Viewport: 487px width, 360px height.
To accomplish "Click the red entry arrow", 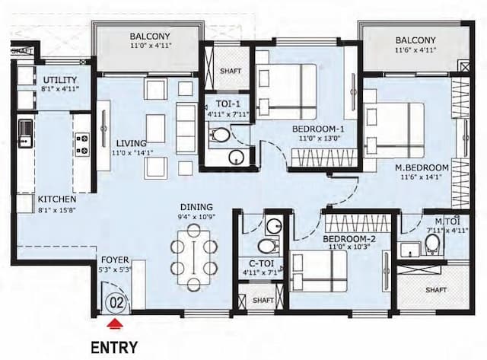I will (x=114, y=324).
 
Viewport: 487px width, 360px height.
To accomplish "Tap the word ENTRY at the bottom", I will (x=114, y=348).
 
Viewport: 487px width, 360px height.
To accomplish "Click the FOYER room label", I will (x=115, y=259).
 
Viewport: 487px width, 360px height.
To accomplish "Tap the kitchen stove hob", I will (x=81, y=143).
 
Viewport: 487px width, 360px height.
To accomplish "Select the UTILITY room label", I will (x=59, y=80).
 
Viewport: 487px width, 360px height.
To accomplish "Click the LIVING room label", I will (x=131, y=143).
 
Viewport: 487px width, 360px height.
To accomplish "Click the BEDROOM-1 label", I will (x=318, y=129).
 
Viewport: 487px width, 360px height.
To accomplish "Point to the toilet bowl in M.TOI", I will (x=431, y=243).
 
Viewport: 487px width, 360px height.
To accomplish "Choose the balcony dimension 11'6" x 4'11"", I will (x=415, y=52).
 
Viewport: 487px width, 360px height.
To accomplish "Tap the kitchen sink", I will (x=26, y=133).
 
